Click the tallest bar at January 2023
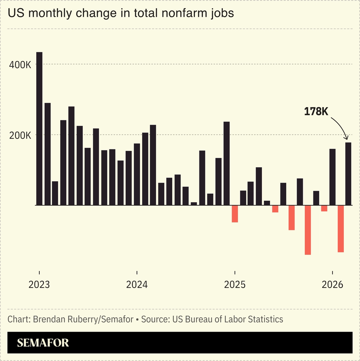pyautogui.click(x=39, y=128)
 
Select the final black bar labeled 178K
pyautogui.click(x=348, y=174)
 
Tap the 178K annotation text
pyautogui.click(x=316, y=112)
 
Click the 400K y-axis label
pyautogui.click(x=20, y=65)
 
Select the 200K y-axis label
pyautogui.click(x=20, y=136)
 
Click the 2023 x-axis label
pyautogui.click(x=39, y=285)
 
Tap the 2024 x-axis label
pyautogui.click(x=137, y=285)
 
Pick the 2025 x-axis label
pyautogui.click(x=235, y=285)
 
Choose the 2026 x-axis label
pyautogui.click(x=332, y=285)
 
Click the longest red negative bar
pyautogui.click(x=308, y=230)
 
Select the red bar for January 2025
pyautogui.click(x=235, y=214)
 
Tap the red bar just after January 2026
pyautogui.click(x=341, y=229)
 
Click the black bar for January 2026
pyautogui.click(x=332, y=177)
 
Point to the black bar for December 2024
pyautogui.click(x=227, y=163)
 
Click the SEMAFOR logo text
pyautogui.click(x=43, y=343)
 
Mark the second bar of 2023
pyautogui.click(x=47, y=154)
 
